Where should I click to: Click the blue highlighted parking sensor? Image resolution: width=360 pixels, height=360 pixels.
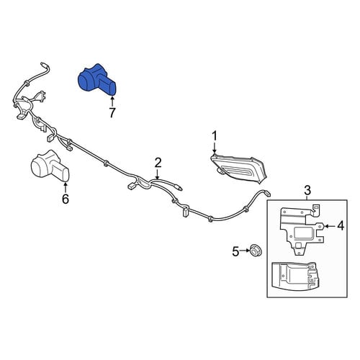tap(97, 80)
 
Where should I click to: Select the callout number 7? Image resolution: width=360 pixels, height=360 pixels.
tap(112, 112)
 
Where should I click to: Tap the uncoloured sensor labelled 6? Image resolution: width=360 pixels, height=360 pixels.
tap(50, 166)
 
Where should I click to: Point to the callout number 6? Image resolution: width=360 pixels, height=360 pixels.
tap(66, 199)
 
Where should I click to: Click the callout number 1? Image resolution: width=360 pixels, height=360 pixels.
tap(215, 136)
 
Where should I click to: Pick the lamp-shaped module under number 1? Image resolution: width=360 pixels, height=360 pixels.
tap(238, 169)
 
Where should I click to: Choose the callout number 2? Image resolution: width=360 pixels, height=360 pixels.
tap(158, 163)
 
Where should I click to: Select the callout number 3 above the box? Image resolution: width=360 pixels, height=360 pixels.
tap(307, 191)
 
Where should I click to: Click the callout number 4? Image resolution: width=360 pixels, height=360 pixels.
tap(341, 226)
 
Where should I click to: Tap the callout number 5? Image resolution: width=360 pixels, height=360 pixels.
tap(235, 252)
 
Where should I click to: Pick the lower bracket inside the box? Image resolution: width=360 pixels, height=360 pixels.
tap(296, 276)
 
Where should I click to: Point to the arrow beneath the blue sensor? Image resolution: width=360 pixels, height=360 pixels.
tap(112, 101)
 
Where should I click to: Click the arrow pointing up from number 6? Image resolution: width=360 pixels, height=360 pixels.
tap(66, 187)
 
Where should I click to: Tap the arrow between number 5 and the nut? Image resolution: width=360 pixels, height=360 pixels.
tap(244, 251)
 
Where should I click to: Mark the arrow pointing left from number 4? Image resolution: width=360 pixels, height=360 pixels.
tap(330, 226)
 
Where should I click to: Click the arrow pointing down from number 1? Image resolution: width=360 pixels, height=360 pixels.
tap(215, 148)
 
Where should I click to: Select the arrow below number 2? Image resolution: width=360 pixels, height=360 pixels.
tap(158, 174)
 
